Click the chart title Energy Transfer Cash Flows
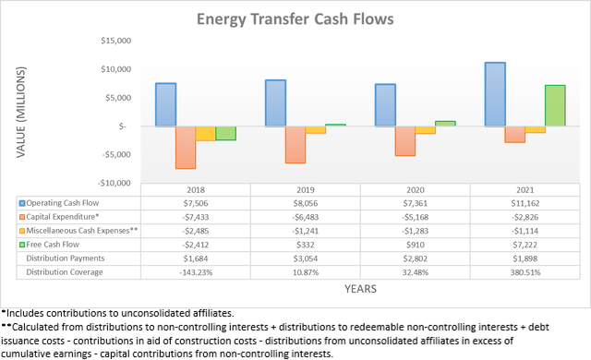[295, 19]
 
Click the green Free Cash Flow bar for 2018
[225, 133]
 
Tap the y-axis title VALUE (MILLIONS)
[20, 111]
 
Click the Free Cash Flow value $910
[409, 245]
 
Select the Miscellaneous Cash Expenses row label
[84, 231]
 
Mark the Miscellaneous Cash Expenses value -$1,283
[409, 231]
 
